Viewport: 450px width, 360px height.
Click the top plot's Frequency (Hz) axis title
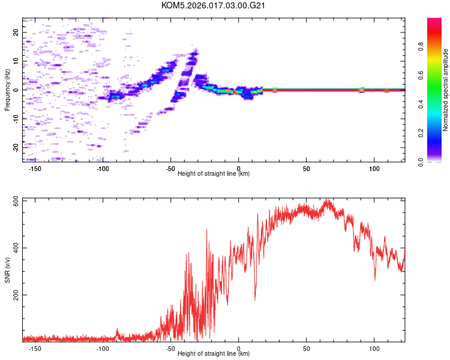click(x=7, y=90)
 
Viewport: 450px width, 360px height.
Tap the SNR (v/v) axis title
click(x=7, y=270)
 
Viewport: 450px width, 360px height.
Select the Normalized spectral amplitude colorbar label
click(x=446, y=90)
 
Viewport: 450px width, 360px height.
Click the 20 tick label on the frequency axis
click(x=16, y=32)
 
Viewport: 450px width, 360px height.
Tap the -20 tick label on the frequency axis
click(x=16, y=147)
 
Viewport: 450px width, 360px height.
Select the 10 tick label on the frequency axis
click(x=16, y=61)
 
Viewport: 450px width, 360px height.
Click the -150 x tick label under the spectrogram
click(x=35, y=168)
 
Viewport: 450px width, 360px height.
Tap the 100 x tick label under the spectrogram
click(x=374, y=168)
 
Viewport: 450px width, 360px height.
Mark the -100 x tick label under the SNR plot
click(x=103, y=349)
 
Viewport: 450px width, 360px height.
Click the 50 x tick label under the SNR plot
click(x=307, y=349)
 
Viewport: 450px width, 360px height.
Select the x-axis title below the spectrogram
click(x=214, y=173)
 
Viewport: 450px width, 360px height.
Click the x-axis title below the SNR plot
click(x=214, y=354)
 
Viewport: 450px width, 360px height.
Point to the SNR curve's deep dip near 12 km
click(x=255, y=298)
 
